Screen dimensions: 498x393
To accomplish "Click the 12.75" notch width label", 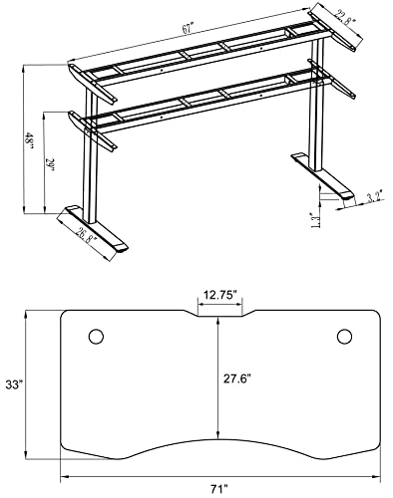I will coord(220,296).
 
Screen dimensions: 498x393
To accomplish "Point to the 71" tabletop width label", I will coord(221,487).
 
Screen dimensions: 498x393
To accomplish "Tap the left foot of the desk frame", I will coord(95,227).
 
